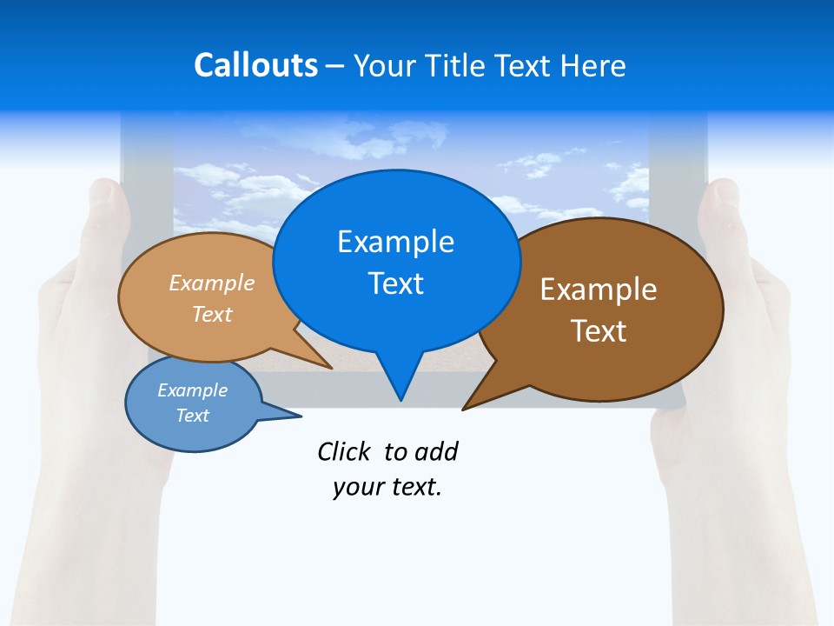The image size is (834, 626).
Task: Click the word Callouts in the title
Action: click(x=255, y=65)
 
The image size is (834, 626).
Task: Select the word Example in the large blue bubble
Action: click(x=395, y=242)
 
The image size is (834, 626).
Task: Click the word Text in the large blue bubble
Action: click(x=395, y=283)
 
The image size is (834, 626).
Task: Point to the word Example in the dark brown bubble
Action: click(x=599, y=290)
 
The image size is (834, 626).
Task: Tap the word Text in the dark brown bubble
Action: click(x=599, y=331)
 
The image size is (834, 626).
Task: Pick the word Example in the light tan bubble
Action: click(x=212, y=283)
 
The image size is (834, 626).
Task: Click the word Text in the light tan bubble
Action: click(x=212, y=314)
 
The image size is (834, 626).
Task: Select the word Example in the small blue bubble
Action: click(x=193, y=390)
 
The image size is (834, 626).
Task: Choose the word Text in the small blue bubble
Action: click(x=193, y=416)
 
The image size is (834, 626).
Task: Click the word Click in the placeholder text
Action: click(x=345, y=452)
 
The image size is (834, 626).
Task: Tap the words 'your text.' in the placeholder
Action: click(x=387, y=488)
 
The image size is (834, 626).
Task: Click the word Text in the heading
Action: click(x=526, y=65)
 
